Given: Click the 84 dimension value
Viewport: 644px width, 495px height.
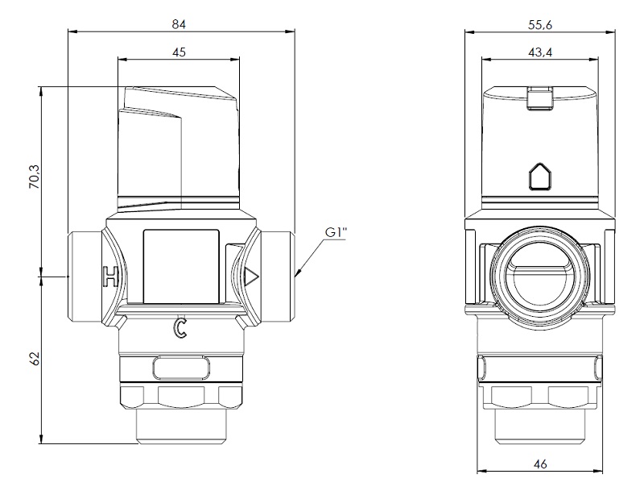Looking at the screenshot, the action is (179, 25).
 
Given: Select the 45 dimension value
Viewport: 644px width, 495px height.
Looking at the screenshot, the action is (179, 52).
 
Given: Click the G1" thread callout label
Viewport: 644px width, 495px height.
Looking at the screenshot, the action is (336, 233).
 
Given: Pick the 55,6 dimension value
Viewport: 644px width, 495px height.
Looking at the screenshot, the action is (540, 25).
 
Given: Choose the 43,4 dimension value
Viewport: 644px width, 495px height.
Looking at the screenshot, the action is (540, 52).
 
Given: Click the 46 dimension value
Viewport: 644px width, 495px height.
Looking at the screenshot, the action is (540, 464).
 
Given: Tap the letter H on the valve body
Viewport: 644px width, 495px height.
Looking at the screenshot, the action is (109, 277).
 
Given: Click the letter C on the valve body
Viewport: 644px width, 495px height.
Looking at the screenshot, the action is (180, 328).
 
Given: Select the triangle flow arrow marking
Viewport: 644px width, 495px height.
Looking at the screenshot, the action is (251, 277).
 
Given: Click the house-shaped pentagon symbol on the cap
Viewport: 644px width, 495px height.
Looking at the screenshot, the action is (539, 176).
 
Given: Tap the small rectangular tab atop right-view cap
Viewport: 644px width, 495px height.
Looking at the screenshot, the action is (539, 98).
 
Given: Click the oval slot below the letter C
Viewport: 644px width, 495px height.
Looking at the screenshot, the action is (180, 368).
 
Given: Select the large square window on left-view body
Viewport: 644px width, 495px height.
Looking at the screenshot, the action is (180, 266).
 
